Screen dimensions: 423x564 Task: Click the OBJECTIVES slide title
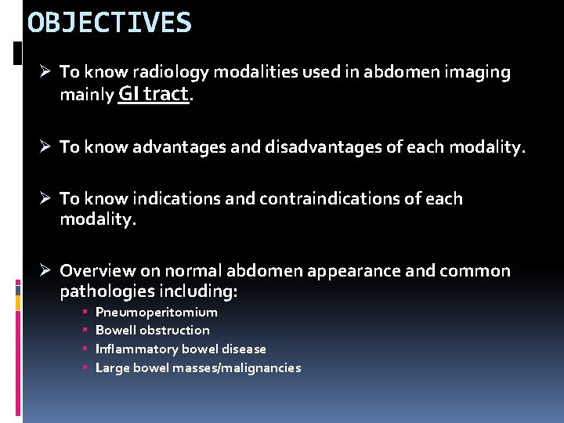coord(109,23)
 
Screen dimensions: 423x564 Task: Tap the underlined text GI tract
coord(154,94)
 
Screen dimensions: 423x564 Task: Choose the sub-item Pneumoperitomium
coord(156,312)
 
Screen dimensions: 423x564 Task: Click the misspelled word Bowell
coord(115,331)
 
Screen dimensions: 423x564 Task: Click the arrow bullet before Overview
coord(46,271)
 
